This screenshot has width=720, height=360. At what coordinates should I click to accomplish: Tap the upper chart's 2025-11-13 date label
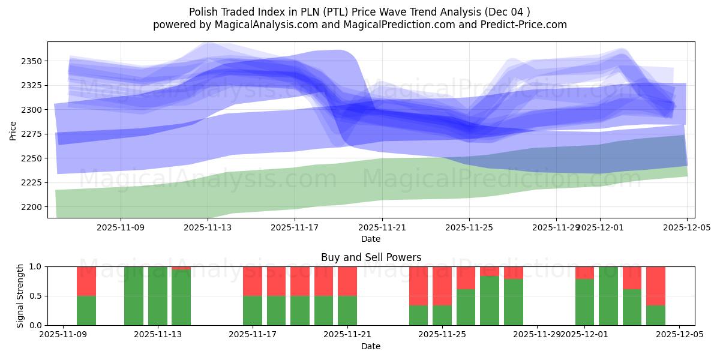tap(208, 228)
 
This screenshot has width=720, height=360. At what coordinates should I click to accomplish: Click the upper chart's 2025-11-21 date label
tap(382, 228)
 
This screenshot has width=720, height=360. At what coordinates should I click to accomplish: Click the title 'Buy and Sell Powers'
tap(371, 257)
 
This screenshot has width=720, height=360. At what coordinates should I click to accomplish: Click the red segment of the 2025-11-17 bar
tap(253, 281)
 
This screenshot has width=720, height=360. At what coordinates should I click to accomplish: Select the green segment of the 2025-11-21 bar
tap(347, 310)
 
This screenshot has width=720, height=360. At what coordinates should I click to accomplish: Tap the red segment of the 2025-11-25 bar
tap(442, 286)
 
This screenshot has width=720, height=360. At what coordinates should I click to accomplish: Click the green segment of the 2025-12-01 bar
tap(584, 302)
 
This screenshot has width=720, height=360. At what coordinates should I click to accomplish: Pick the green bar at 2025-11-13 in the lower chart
tap(158, 296)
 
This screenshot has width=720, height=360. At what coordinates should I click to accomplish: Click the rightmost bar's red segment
tap(656, 286)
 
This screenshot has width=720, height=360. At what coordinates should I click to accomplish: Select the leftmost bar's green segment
tap(86, 310)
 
